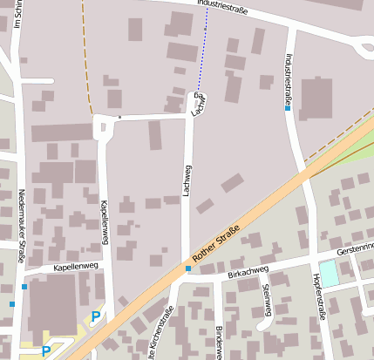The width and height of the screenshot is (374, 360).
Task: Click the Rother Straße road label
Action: (x=215, y=246)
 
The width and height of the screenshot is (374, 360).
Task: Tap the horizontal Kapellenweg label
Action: (x=78, y=267)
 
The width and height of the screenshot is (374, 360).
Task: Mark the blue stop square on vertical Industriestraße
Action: (x=287, y=108)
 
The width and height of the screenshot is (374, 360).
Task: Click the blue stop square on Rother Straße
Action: (x=188, y=268)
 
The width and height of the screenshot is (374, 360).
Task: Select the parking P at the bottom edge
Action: (x=45, y=350)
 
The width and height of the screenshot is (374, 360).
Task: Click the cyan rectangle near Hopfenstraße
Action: (x=329, y=273)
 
